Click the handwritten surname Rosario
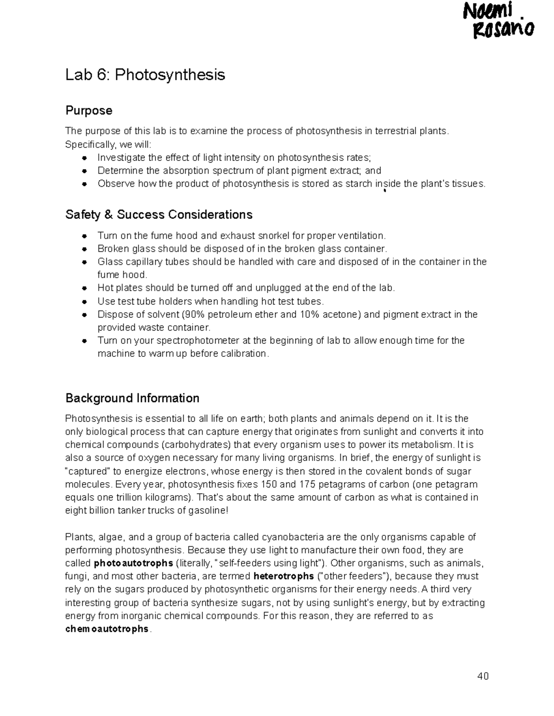point(503,30)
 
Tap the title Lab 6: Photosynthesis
point(145,74)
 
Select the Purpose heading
point(89,111)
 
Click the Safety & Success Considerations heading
point(159,214)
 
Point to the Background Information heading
point(132,398)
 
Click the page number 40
point(483,676)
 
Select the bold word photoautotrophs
point(133,563)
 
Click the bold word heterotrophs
point(283,576)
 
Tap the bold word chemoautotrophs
point(107,629)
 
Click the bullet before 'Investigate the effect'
point(84,158)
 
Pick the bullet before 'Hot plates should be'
point(84,288)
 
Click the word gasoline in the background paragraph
point(207,511)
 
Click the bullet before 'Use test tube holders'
point(84,302)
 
